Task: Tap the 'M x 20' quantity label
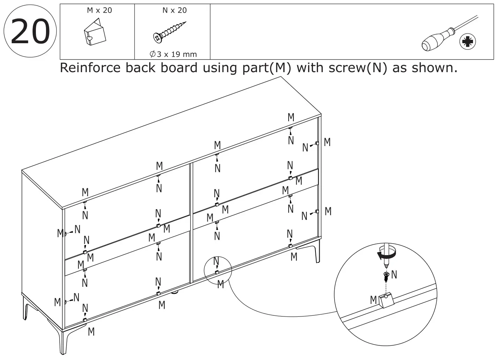pyautogui.click(x=99, y=10)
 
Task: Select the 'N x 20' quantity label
pyautogui.click(x=174, y=10)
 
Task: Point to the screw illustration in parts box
pyautogui.click(x=169, y=32)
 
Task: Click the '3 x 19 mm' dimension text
pyautogui.click(x=173, y=54)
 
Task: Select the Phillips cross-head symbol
pyautogui.click(x=467, y=42)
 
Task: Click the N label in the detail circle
pyautogui.click(x=394, y=275)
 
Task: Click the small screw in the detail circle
pyautogui.click(x=386, y=276)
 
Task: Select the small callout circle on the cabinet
pyautogui.click(x=218, y=270)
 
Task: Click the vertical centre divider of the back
pyautogui.click(x=190, y=223)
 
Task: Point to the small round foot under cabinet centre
pyautogui.click(x=175, y=292)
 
